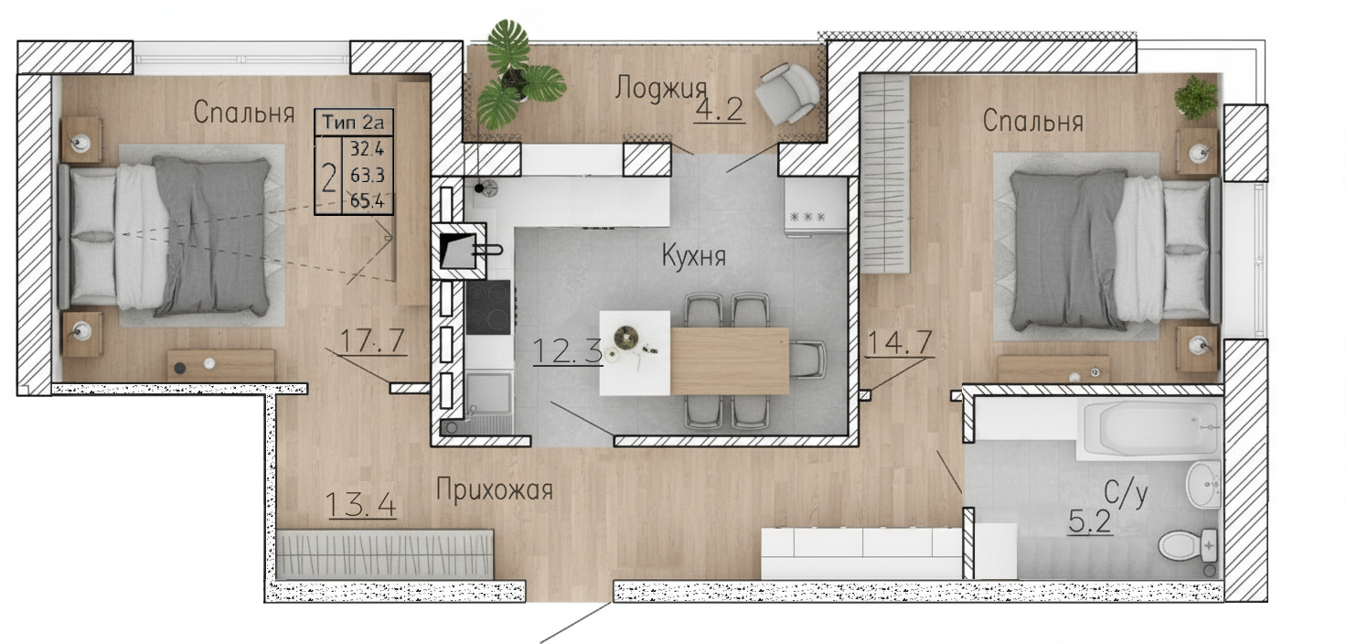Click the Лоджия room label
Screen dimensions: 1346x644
point(660,89)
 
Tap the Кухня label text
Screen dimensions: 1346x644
point(694,256)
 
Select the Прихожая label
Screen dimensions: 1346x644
point(494,489)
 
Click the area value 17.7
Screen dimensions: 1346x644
point(372,340)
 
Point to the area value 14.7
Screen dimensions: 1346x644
point(900,343)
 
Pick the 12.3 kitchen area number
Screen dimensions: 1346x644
point(568,351)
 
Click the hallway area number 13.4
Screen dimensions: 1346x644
point(360,504)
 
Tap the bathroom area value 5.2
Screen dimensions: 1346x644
point(1090,521)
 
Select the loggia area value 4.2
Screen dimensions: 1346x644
point(720,110)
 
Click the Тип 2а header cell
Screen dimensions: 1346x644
point(353,122)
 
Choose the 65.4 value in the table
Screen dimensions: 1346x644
point(368,200)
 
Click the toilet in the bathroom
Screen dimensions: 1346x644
point(1188,546)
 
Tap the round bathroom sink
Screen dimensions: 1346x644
point(1203,485)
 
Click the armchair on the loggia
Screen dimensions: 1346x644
point(787,94)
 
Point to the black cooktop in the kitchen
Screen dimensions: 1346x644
point(488,307)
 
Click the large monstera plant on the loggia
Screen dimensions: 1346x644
point(518,76)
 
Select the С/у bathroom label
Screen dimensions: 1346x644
point(1126,493)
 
